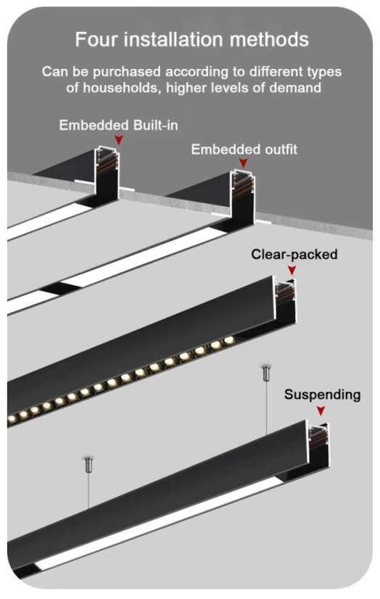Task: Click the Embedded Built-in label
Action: pyautogui.click(x=118, y=125)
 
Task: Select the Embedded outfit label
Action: pyautogui.click(x=244, y=149)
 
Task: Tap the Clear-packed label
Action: pyautogui.click(x=294, y=255)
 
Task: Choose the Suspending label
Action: pyautogui.click(x=322, y=394)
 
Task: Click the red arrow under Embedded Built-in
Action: pyautogui.click(x=119, y=140)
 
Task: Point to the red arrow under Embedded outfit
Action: pyautogui.click(x=243, y=163)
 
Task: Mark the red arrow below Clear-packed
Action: pyautogui.click(x=292, y=270)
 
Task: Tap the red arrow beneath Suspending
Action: pyautogui.click(x=321, y=411)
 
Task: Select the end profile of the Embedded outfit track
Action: pyautogui.click(x=243, y=196)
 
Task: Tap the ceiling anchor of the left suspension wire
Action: pyautogui.click(x=89, y=464)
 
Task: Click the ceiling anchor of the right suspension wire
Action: pyautogui.click(x=266, y=373)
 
